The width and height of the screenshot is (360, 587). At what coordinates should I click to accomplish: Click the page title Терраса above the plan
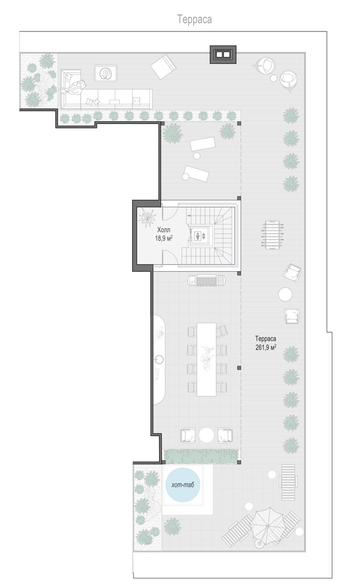194,20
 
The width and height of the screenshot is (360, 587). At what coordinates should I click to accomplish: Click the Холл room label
164,230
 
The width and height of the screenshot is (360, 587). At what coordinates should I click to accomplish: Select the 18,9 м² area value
164,238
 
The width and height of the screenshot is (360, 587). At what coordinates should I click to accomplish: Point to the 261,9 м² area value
266,347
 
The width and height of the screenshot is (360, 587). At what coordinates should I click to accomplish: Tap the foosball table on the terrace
273,235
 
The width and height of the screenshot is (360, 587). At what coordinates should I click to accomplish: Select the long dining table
207,359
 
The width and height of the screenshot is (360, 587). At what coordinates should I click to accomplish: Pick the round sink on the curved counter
158,359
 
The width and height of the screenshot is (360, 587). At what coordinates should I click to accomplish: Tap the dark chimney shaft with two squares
223,54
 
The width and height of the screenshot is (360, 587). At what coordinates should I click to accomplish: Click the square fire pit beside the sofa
106,74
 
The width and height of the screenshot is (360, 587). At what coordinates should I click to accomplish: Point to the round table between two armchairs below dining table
207,435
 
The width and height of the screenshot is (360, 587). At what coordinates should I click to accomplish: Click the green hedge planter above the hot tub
201,456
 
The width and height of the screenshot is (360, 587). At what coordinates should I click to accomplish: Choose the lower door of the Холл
170,257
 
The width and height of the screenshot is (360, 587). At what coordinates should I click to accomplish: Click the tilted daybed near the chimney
163,67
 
